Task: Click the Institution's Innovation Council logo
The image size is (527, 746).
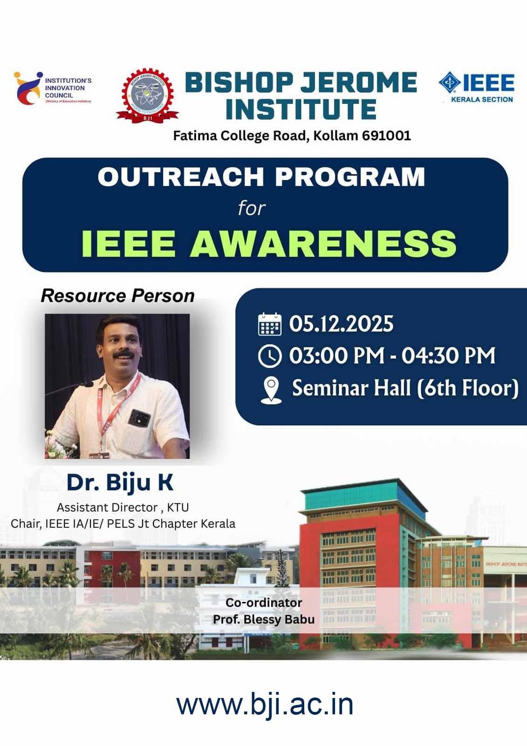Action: [x=52, y=88]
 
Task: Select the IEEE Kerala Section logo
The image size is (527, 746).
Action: [x=476, y=87]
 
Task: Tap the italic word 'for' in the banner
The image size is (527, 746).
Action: [x=252, y=208]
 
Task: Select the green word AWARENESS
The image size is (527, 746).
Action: [x=322, y=243]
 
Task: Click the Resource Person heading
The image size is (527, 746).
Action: [x=117, y=296]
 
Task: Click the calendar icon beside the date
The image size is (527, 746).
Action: [x=270, y=324]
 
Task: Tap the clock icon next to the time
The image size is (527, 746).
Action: [x=270, y=356]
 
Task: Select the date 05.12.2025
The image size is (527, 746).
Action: [x=341, y=324]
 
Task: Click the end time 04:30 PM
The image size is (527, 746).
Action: [x=448, y=356]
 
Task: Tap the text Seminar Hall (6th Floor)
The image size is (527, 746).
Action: [x=405, y=388]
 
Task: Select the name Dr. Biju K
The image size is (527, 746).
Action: [x=120, y=482]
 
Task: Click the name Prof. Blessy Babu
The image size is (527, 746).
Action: [x=264, y=619]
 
